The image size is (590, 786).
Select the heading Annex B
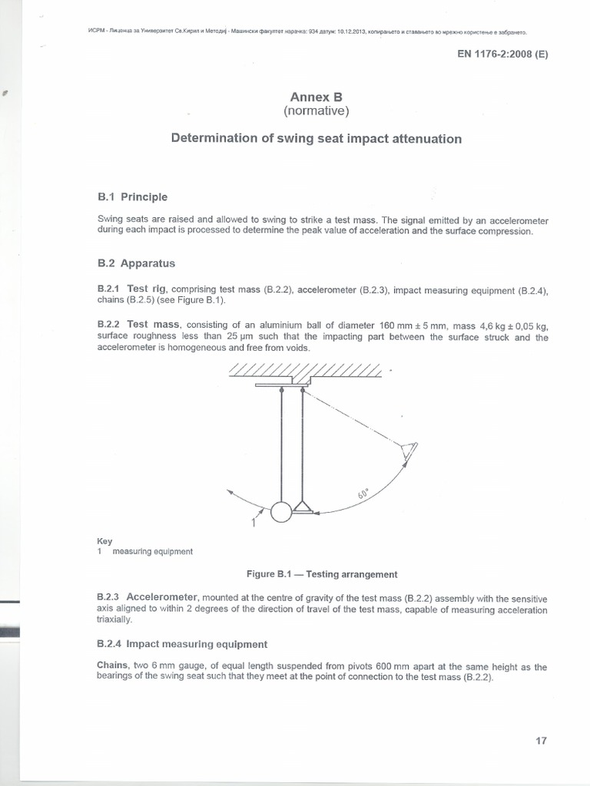tap(315, 97)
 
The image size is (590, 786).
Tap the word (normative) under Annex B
tap(315, 112)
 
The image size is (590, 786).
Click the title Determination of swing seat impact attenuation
tap(315, 139)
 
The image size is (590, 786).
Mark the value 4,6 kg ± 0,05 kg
tap(504, 325)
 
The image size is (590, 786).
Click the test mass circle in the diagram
tap(281, 512)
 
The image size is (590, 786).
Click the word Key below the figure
tap(104, 541)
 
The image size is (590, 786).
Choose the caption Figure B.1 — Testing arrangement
tap(321, 574)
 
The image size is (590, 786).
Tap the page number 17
tap(540, 741)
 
